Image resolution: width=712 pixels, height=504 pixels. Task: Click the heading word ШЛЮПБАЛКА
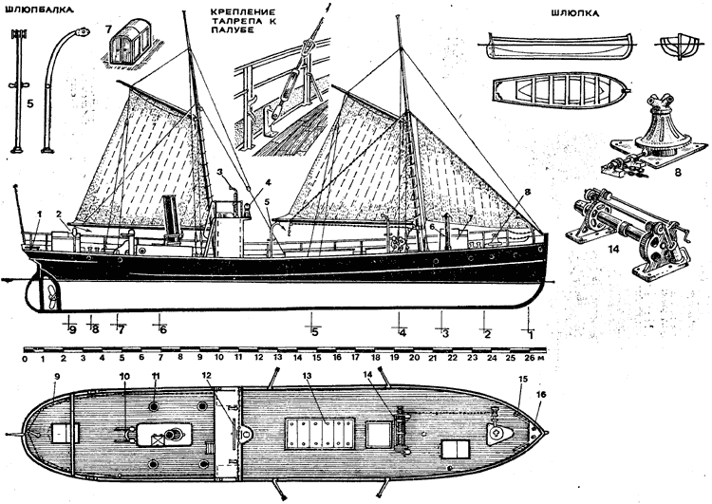(37, 15)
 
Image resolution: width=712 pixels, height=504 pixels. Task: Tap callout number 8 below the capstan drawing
(676, 175)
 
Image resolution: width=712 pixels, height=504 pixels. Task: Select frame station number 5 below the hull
(314, 330)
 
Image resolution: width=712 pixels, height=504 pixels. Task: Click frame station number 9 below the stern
(71, 329)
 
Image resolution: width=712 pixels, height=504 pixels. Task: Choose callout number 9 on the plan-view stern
(56, 377)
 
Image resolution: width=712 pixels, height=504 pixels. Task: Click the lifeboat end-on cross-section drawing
(676, 45)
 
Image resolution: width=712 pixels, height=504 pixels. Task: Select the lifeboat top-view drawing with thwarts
(557, 93)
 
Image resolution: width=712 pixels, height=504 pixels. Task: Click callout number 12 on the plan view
(206, 377)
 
